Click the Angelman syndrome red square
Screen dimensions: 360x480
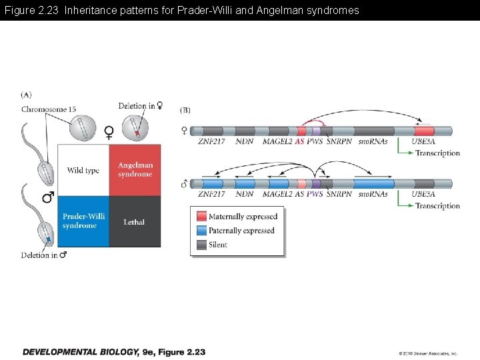point(135,170)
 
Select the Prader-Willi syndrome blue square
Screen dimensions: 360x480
point(83,221)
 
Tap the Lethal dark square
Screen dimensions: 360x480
point(135,221)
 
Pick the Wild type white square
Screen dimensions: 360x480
point(83,170)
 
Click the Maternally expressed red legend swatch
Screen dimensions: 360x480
point(202,217)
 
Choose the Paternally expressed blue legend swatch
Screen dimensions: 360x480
point(202,231)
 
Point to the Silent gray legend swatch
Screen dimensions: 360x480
point(202,245)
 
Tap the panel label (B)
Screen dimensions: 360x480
point(185,109)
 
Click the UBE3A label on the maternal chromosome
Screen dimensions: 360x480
point(423,141)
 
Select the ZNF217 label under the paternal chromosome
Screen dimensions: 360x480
point(212,194)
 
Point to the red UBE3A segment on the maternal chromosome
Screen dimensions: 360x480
point(424,131)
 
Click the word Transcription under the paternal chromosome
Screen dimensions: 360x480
point(437,206)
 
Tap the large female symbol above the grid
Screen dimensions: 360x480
point(109,133)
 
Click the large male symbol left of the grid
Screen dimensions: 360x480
point(48,197)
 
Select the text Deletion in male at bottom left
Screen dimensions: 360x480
point(44,255)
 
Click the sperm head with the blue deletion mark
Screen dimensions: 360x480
point(47,235)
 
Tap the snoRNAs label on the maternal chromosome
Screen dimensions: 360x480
point(373,141)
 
